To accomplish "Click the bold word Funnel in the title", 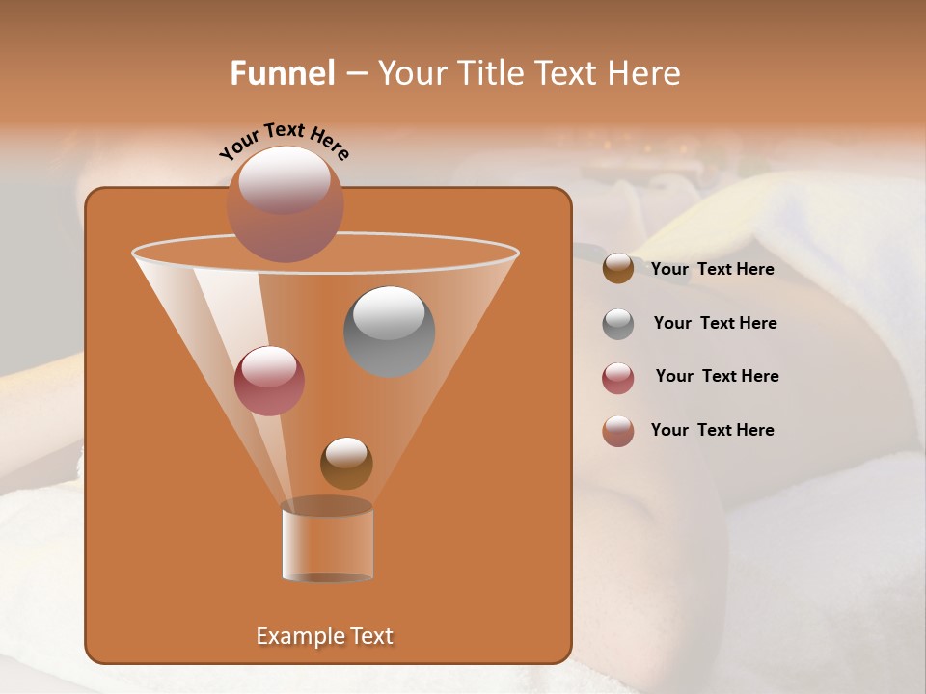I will tap(283, 73).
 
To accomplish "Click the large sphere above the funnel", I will tap(285, 203).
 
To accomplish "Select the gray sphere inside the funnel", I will tap(389, 332).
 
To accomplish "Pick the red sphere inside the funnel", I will tap(269, 381).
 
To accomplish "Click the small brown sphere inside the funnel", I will tap(346, 463).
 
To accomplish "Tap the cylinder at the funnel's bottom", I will tap(328, 545).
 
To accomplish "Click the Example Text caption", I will tap(324, 636).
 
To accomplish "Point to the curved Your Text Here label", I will tap(285, 141).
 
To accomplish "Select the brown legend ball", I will tap(618, 269).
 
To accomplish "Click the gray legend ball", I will tap(618, 324).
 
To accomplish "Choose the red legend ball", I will tap(618, 378).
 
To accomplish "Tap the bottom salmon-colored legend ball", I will tap(618, 431).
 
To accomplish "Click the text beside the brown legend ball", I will tap(712, 269).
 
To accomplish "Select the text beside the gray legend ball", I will tap(715, 323).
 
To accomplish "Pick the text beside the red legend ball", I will tap(717, 376).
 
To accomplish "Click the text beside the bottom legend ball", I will tap(712, 430).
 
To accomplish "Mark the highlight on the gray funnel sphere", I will tap(389, 312).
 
